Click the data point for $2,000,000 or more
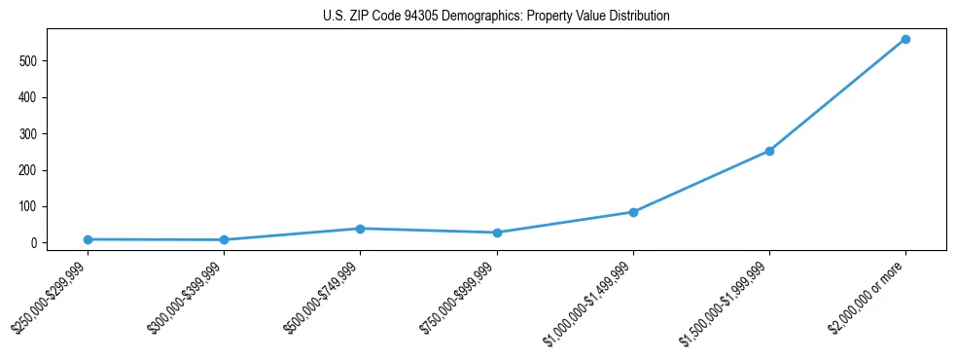click(905, 39)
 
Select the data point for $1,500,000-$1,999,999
click(769, 151)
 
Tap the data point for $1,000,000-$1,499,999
click(633, 212)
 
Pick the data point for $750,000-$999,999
click(497, 233)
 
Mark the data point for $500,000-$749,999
click(360, 229)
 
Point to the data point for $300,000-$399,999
click(224, 239)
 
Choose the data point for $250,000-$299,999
click(88, 239)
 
